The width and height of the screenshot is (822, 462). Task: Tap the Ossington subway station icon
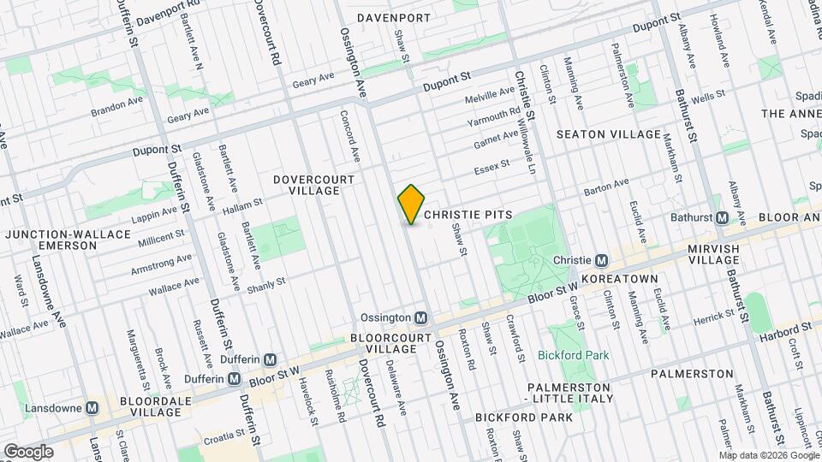[x=420, y=317]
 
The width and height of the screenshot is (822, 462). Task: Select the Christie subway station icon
[x=602, y=260]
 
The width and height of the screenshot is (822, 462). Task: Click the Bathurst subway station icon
[x=722, y=217]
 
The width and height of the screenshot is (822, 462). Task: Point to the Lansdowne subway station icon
[x=92, y=408]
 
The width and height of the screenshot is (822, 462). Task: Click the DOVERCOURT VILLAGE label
[x=307, y=185]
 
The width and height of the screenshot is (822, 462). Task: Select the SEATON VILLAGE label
[x=609, y=134]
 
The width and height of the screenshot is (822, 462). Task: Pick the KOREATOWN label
[x=618, y=279]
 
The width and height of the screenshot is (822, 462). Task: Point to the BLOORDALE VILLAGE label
[x=138, y=406]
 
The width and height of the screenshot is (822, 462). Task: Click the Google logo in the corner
[x=27, y=451]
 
